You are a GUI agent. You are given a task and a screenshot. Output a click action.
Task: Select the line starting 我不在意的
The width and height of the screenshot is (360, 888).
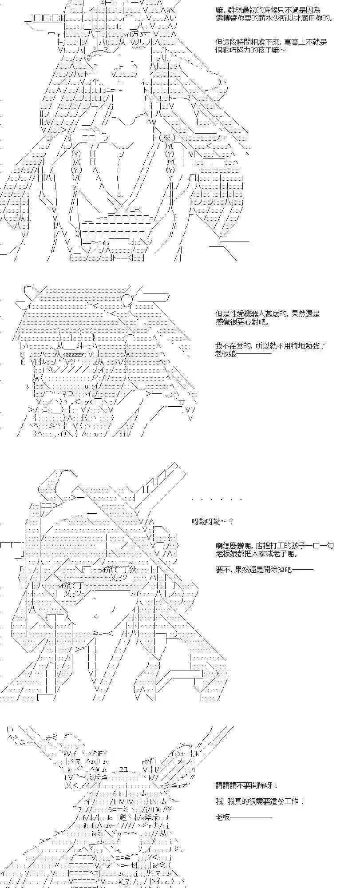[271, 345]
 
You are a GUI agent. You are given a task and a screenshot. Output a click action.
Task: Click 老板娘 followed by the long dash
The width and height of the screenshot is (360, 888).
[243, 354]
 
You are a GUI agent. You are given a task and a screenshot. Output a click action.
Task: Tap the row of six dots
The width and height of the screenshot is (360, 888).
[216, 499]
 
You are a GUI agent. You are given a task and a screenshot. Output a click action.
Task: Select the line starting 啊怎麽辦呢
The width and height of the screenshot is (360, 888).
[274, 546]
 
